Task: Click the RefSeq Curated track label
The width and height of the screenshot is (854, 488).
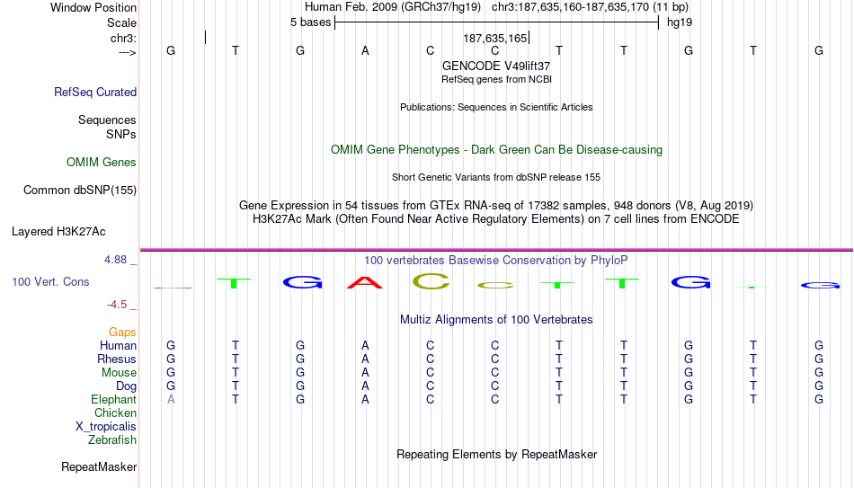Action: tap(95, 92)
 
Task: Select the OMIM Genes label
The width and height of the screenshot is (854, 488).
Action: tap(102, 163)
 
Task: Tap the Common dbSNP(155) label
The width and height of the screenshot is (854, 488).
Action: tap(80, 191)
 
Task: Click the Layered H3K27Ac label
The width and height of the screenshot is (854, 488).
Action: tap(58, 232)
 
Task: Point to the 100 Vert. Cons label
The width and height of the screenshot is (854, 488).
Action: tap(50, 281)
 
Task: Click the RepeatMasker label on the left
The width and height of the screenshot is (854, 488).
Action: tap(99, 466)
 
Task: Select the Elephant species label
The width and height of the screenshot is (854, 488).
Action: tap(114, 399)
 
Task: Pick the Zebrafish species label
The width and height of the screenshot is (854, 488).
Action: tap(112, 439)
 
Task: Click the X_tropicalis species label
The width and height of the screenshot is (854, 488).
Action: tap(106, 427)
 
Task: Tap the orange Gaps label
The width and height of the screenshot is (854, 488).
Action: tap(122, 332)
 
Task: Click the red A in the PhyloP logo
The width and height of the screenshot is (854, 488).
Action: tap(365, 283)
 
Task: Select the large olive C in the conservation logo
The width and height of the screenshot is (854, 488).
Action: tap(431, 281)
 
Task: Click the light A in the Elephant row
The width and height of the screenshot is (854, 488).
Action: tap(171, 399)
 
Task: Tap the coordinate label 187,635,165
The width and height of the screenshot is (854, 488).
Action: tap(495, 38)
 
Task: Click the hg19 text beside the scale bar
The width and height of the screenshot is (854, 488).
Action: tap(680, 22)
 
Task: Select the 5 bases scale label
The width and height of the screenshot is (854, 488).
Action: tap(310, 22)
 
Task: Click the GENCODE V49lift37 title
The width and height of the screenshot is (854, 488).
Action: tap(496, 66)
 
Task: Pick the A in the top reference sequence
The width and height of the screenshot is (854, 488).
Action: tap(366, 50)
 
